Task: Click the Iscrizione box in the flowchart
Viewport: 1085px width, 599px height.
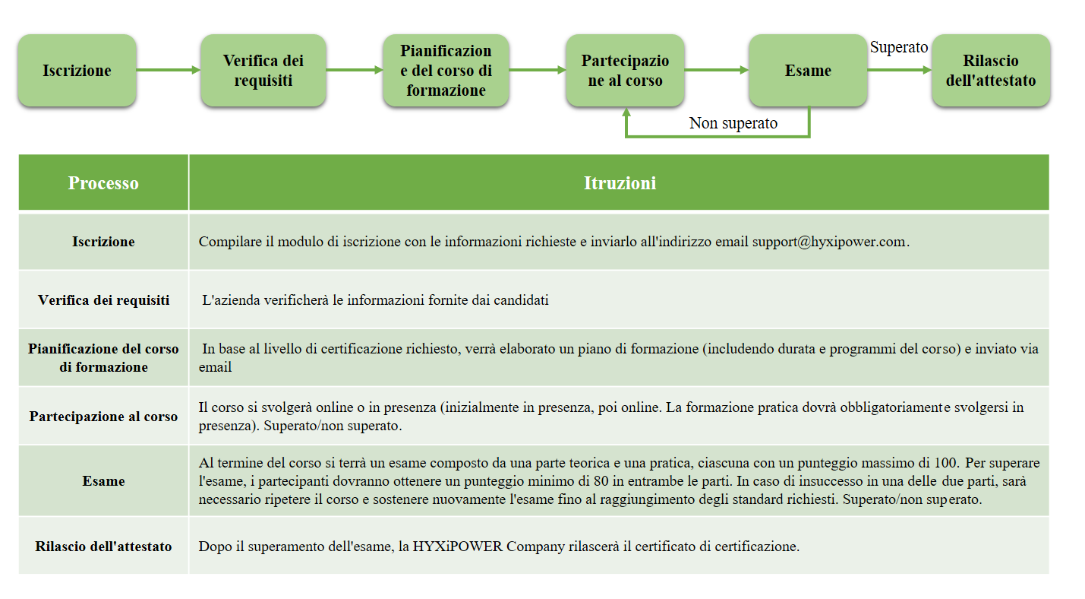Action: tap(77, 71)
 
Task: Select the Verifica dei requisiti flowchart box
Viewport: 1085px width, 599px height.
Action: tap(263, 71)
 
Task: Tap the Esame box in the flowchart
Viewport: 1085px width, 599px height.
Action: tap(807, 71)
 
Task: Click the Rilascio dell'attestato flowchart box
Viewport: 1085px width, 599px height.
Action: tap(991, 71)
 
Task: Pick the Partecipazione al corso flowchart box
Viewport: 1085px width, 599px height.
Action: tap(625, 71)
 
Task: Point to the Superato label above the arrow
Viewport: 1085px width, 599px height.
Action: tap(898, 47)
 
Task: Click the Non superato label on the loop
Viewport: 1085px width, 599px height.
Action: tap(733, 123)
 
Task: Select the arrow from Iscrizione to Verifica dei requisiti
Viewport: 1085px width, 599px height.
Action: tap(169, 71)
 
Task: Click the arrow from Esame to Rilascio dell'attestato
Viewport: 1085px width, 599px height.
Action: tap(899, 71)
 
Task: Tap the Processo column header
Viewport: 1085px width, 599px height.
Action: tap(103, 183)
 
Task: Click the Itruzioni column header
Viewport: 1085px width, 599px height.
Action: tap(620, 183)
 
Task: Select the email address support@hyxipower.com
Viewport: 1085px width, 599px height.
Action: tap(829, 242)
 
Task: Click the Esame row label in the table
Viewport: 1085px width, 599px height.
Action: tap(103, 480)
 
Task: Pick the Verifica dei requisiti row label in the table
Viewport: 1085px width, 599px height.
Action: tap(103, 300)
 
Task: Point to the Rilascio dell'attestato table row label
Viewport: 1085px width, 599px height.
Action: tap(103, 546)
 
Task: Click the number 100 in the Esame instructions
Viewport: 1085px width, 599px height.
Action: tap(945, 463)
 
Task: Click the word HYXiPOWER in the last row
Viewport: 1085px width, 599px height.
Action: tap(458, 547)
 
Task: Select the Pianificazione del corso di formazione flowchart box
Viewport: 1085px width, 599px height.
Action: tap(446, 71)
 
